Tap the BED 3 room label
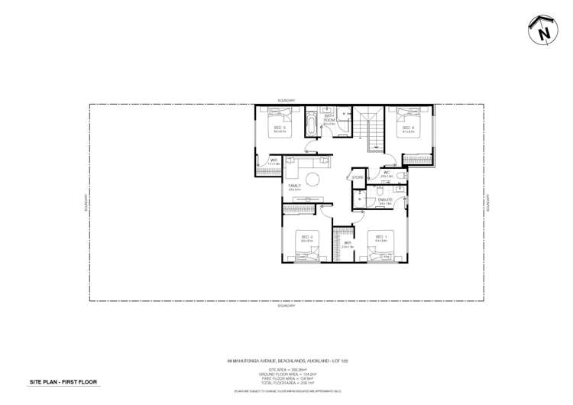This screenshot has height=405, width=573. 279,128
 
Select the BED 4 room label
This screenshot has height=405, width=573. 407,128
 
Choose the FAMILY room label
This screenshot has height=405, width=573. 294,186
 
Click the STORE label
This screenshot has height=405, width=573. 357,178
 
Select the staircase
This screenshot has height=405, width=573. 373,131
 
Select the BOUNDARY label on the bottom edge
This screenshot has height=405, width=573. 286,306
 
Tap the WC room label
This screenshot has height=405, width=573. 387,173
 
